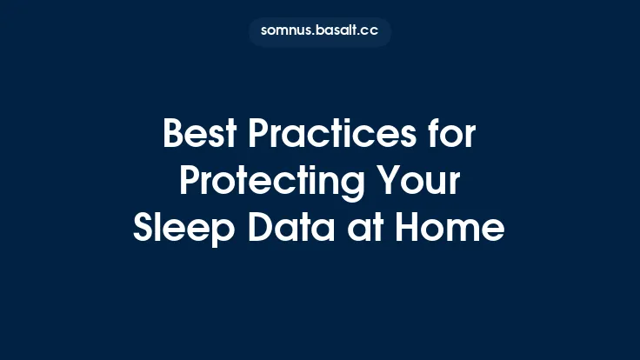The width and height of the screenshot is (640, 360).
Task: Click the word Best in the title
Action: [197, 136]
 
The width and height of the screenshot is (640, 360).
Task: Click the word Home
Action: [450, 228]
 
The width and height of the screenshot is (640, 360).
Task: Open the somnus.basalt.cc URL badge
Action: [320, 31]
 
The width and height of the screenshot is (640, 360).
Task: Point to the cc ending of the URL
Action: [370, 31]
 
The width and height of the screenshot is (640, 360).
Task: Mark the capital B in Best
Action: [174, 136]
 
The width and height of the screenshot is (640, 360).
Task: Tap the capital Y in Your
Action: [390, 183]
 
